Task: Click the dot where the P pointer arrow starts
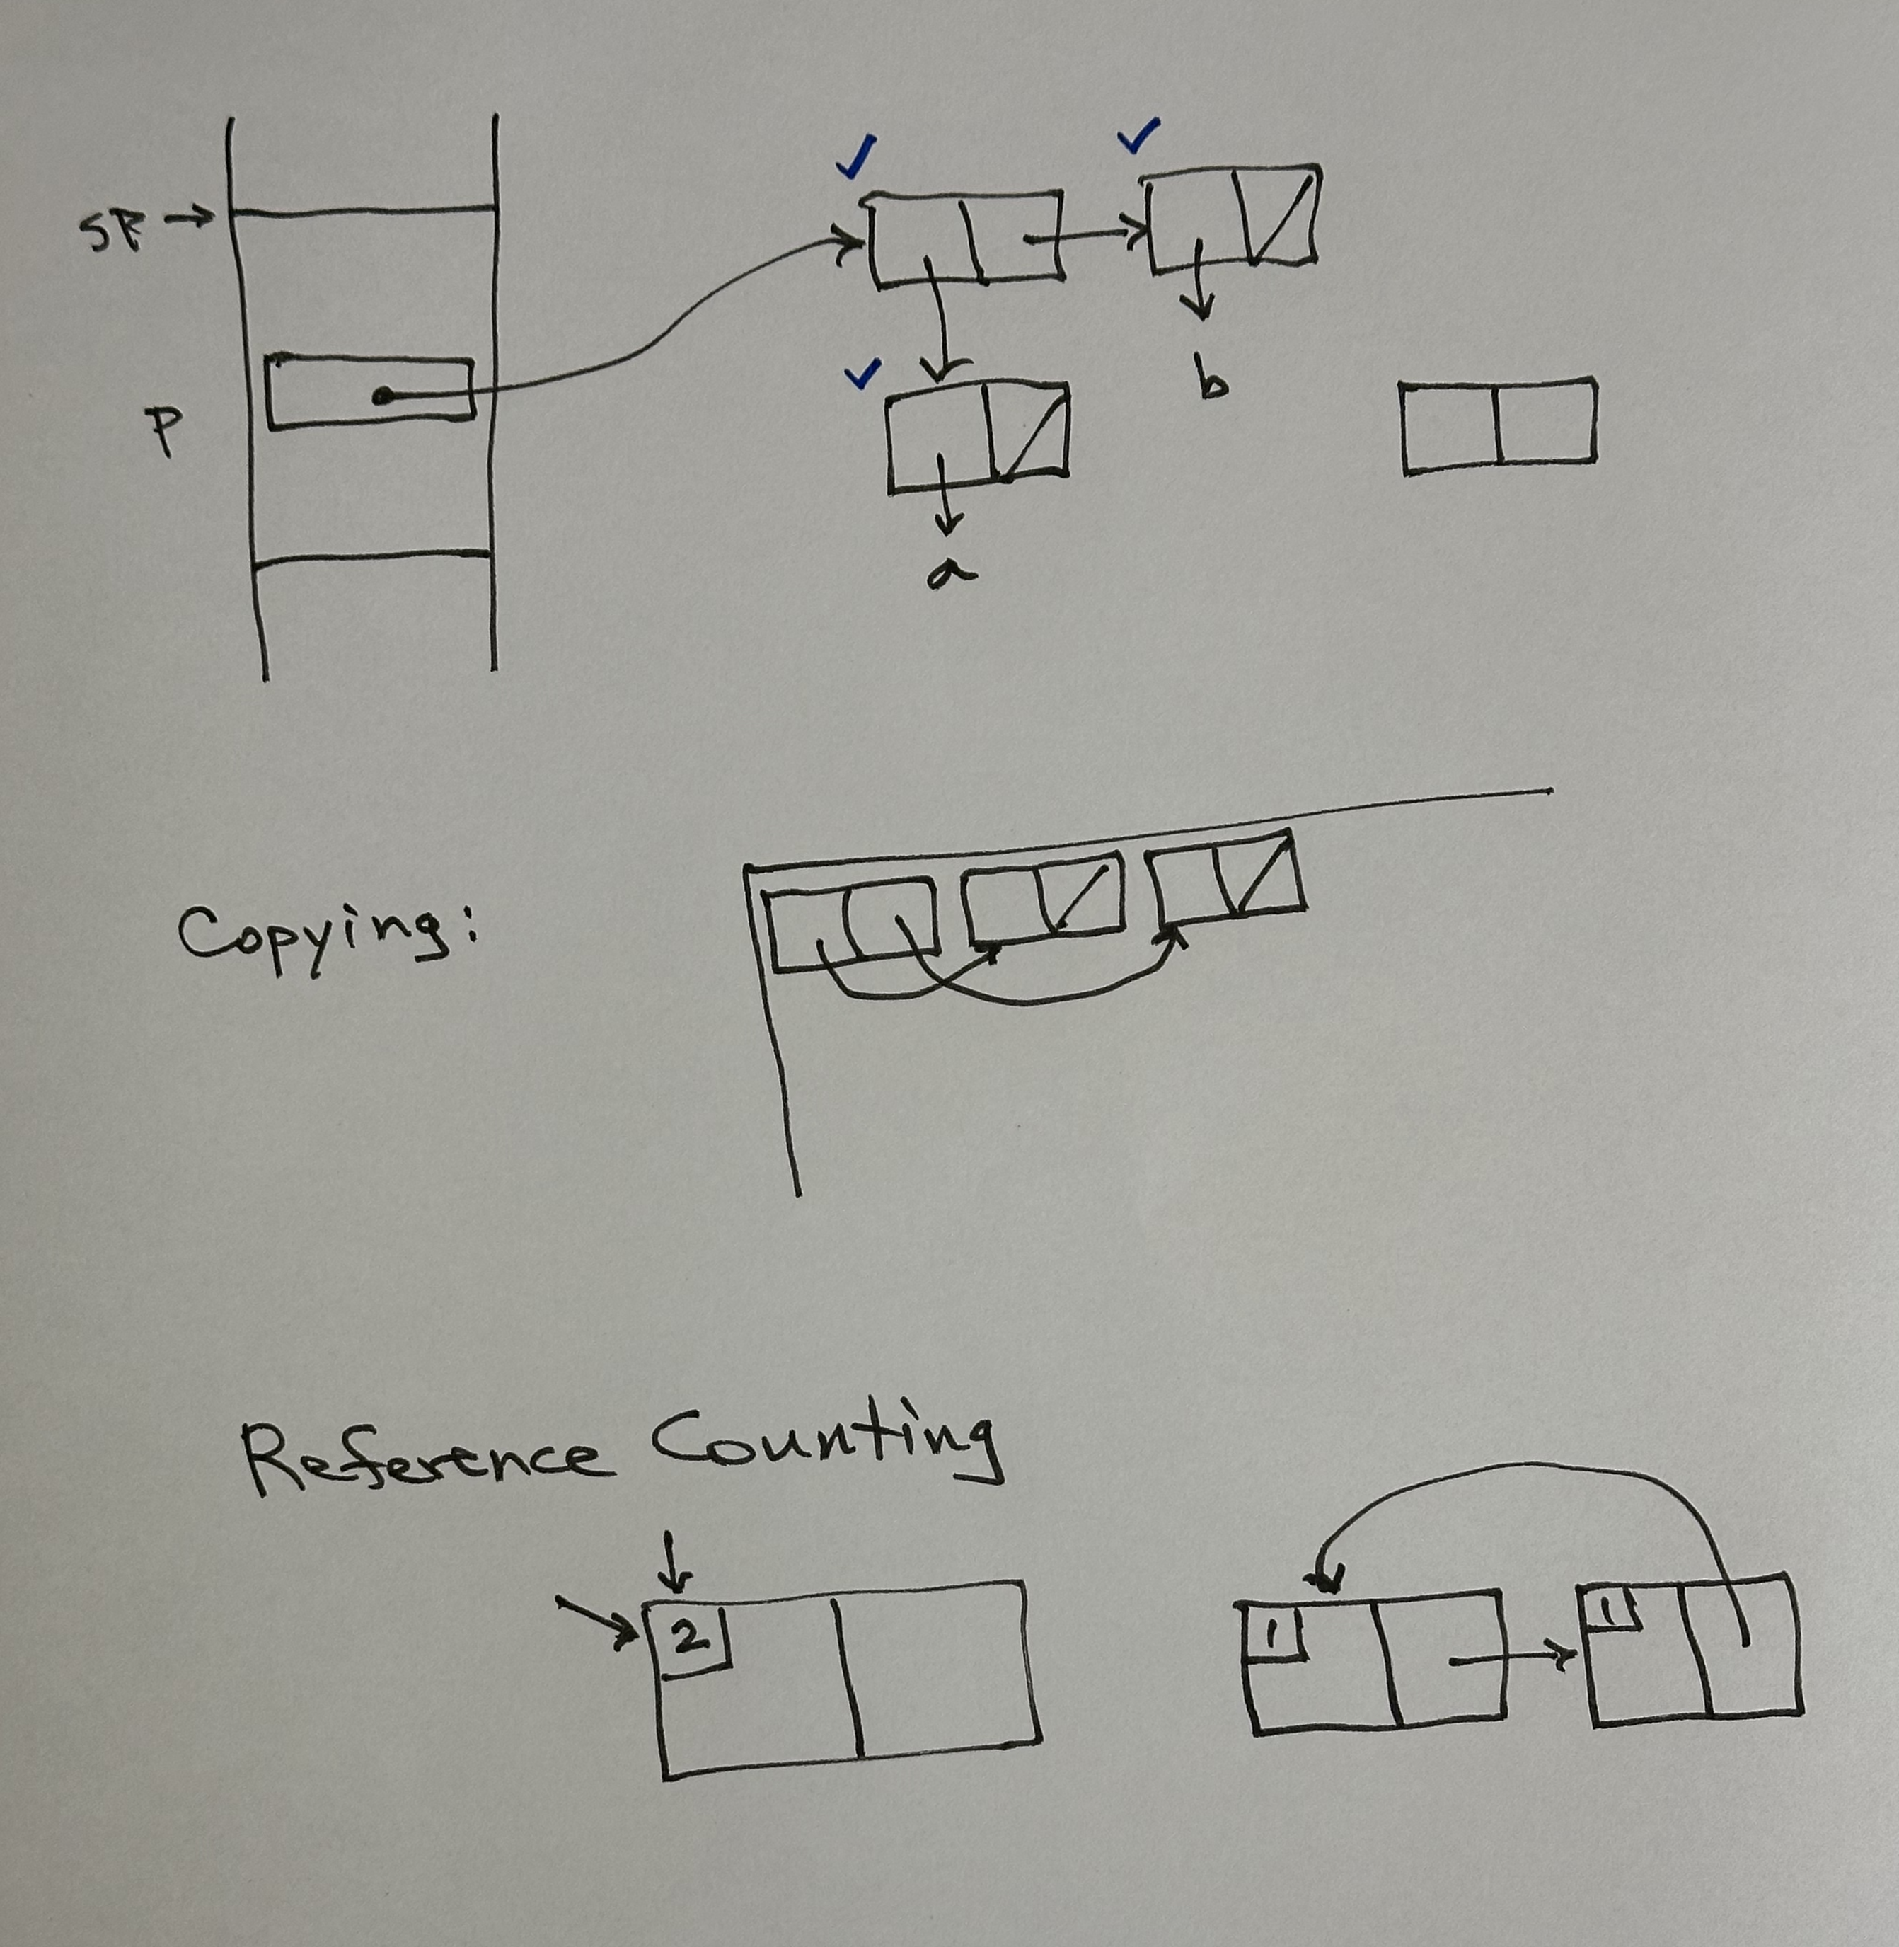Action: click(x=379, y=396)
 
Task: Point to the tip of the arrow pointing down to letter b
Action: click(x=1203, y=319)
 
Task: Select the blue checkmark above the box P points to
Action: click(x=855, y=156)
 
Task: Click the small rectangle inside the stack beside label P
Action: click(x=370, y=392)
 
